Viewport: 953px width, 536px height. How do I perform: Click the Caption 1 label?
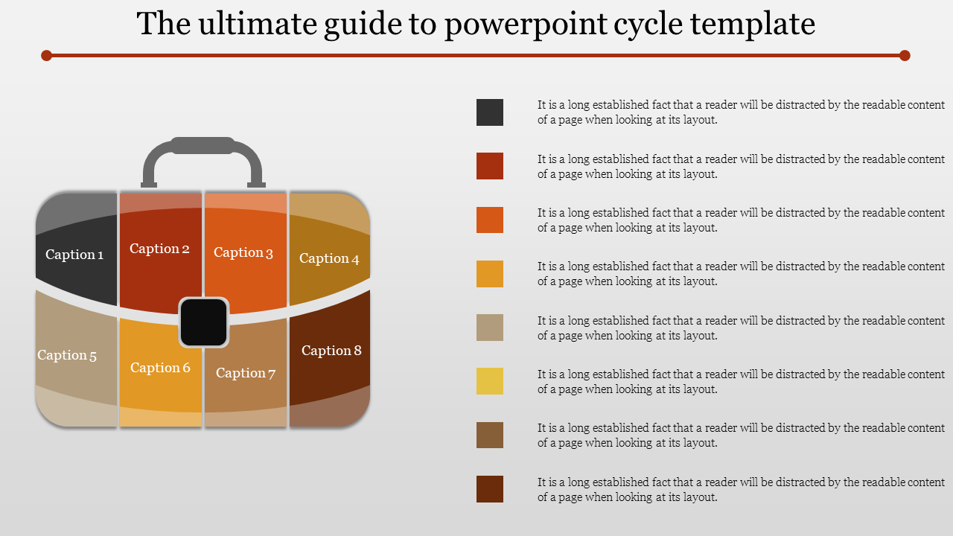coord(74,255)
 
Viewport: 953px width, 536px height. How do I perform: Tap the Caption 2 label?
coord(159,249)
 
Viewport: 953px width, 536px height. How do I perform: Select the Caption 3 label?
coord(243,252)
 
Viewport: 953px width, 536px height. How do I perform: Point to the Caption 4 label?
coord(329,258)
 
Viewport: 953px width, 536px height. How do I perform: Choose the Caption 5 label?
coord(67,355)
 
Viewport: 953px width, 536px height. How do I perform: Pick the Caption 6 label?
coord(160,368)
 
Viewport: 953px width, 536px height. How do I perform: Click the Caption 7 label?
coord(246,373)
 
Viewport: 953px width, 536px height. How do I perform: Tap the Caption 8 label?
coord(331,351)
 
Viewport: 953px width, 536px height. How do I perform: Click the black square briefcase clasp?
coord(204,322)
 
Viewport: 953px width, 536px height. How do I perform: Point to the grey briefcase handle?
coord(203,145)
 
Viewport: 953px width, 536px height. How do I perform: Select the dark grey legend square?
coord(490,112)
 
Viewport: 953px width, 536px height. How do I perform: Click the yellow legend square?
coord(490,381)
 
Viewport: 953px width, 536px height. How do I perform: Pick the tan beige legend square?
coord(490,328)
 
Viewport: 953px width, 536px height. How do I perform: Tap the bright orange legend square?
coord(490,220)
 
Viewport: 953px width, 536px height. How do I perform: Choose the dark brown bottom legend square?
coord(490,489)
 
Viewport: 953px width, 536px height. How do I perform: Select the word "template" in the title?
coord(752,25)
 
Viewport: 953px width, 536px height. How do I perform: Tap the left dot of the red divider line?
coord(46,55)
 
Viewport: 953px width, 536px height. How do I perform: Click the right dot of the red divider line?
coord(905,55)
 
